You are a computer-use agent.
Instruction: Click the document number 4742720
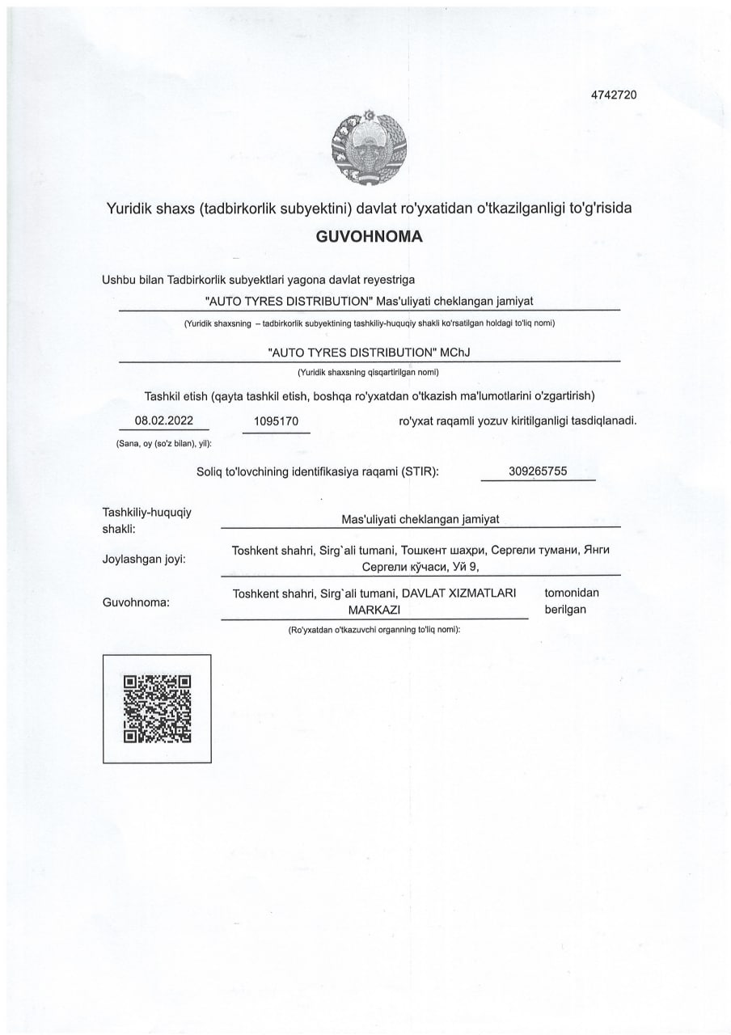coord(614,95)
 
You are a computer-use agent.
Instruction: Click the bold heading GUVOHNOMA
coord(369,238)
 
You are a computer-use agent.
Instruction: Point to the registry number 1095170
coord(277,421)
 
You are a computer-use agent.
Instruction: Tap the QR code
coord(157,708)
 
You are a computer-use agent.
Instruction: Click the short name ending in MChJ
coord(369,353)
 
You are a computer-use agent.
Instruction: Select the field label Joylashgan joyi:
coord(144,558)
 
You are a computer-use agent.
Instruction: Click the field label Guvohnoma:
coord(135,602)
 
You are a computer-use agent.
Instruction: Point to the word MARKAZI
coord(374,609)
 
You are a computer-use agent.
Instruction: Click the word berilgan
coord(565,609)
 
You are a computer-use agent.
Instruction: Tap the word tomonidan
coord(572,593)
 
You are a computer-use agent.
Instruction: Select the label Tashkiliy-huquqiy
coord(146,513)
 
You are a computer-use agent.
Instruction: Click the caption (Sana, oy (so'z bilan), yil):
coord(163,444)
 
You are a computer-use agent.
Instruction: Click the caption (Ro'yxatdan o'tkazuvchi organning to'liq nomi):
coord(374,629)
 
